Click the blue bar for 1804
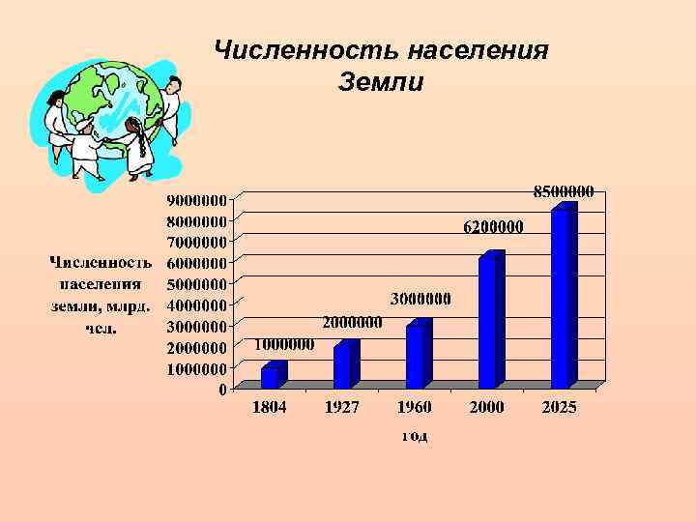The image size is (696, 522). point(270,376)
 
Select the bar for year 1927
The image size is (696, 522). point(342,364)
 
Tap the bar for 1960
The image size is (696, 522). point(415,355)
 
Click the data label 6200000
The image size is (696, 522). point(493,229)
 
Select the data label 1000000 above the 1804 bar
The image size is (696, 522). point(286,343)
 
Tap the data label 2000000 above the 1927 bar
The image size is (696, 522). point(352,322)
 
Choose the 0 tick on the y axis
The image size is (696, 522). point(222,390)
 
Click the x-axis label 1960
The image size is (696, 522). point(415,408)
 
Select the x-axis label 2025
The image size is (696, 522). point(560,408)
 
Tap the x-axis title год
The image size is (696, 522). point(415,436)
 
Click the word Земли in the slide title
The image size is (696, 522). point(381,83)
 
